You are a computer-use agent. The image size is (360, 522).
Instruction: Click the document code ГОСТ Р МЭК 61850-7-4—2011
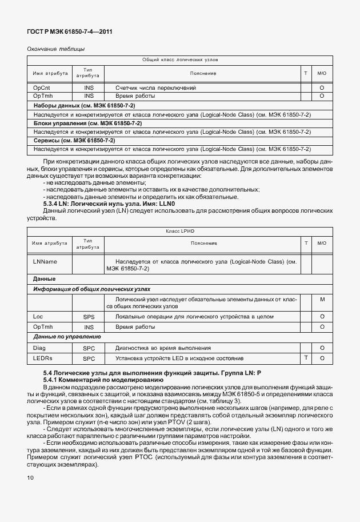coord(69,32)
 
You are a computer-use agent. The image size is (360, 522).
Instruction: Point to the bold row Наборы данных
coord(84,106)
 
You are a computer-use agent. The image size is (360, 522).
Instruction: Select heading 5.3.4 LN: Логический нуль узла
coord(109,204)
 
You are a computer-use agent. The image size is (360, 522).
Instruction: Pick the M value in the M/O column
coord(322,300)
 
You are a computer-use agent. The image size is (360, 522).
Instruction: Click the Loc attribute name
coord(38,316)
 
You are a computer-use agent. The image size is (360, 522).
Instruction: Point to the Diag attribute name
coord(39,348)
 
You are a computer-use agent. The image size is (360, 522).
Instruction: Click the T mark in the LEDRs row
coord(306,357)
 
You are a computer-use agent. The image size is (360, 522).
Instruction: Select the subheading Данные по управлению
coord(67,337)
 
